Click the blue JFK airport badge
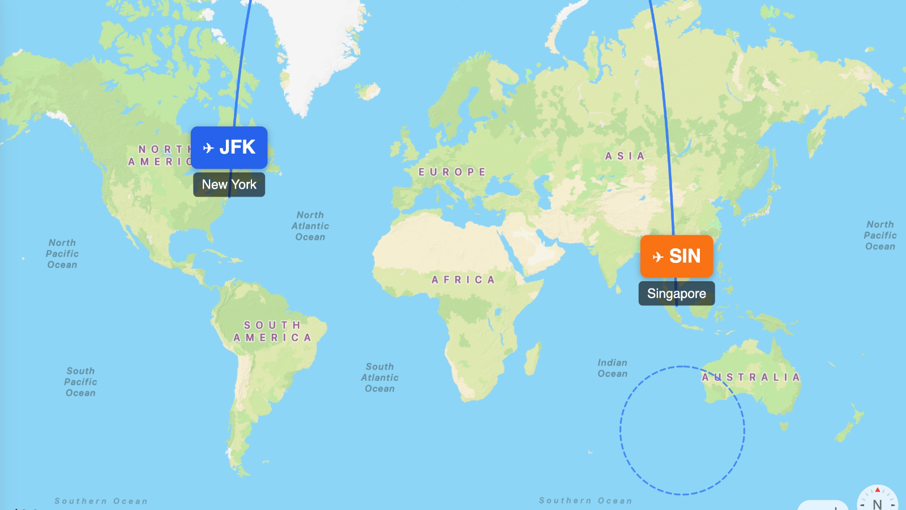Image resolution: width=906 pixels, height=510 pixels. [x=229, y=147]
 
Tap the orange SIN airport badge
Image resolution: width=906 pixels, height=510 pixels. [x=677, y=256]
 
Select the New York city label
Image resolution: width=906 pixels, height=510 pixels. [x=229, y=185]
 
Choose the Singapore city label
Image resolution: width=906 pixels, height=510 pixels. [x=677, y=294]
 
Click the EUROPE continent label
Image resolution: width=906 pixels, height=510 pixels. [x=452, y=172]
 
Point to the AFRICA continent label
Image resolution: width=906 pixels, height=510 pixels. [x=463, y=279]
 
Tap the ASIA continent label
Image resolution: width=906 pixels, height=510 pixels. [x=625, y=156]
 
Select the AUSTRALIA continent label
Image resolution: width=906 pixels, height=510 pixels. [x=751, y=377]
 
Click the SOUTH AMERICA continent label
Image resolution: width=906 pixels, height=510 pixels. [x=272, y=331]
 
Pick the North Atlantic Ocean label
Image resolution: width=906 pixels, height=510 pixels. [x=310, y=226]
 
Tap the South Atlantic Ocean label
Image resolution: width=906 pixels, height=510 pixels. [x=379, y=377]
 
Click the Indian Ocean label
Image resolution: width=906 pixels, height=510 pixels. [x=612, y=368]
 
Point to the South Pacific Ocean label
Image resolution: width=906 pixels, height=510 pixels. [x=80, y=381]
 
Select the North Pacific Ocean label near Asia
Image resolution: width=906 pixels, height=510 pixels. [x=880, y=235]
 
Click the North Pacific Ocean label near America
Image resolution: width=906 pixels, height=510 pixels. [x=62, y=253]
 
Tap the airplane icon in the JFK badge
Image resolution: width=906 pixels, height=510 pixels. [x=208, y=148]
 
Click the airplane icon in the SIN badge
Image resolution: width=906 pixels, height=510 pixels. [x=657, y=257]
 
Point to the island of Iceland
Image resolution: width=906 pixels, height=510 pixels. [x=369, y=91]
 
